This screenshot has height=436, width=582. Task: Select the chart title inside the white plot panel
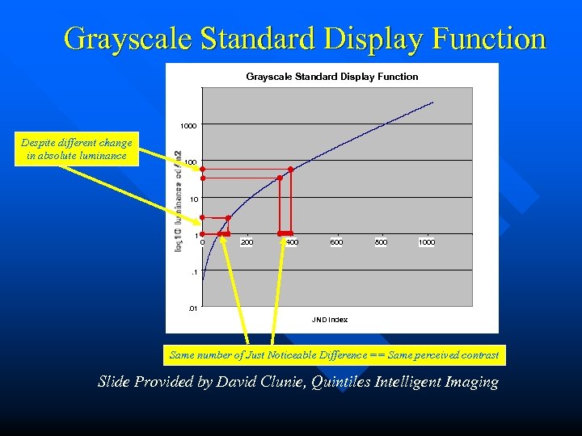pyautogui.click(x=331, y=77)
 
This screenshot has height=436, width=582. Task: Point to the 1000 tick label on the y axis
pyautogui.click(x=188, y=127)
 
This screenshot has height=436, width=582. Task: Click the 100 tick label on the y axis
pyautogui.click(x=190, y=163)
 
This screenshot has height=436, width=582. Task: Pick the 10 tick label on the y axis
pyautogui.click(x=193, y=199)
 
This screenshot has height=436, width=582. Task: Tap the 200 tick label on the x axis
pyautogui.click(x=247, y=242)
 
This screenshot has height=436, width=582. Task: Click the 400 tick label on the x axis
pyautogui.click(x=292, y=242)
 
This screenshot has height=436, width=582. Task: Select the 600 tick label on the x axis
pyautogui.click(x=336, y=242)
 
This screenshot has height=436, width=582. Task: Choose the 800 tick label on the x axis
pyautogui.click(x=381, y=242)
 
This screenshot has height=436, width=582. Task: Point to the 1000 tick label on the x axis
pyautogui.click(x=426, y=242)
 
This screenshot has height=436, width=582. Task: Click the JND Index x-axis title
pyautogui.click(x=330, y=320)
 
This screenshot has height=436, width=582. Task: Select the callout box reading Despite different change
pyautogui.click(x=77, y=149)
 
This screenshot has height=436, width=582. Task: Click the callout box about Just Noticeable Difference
pyautogui.click(x=334, y=355)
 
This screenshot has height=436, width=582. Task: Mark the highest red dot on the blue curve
pyautogui.click(x=290, y=170)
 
